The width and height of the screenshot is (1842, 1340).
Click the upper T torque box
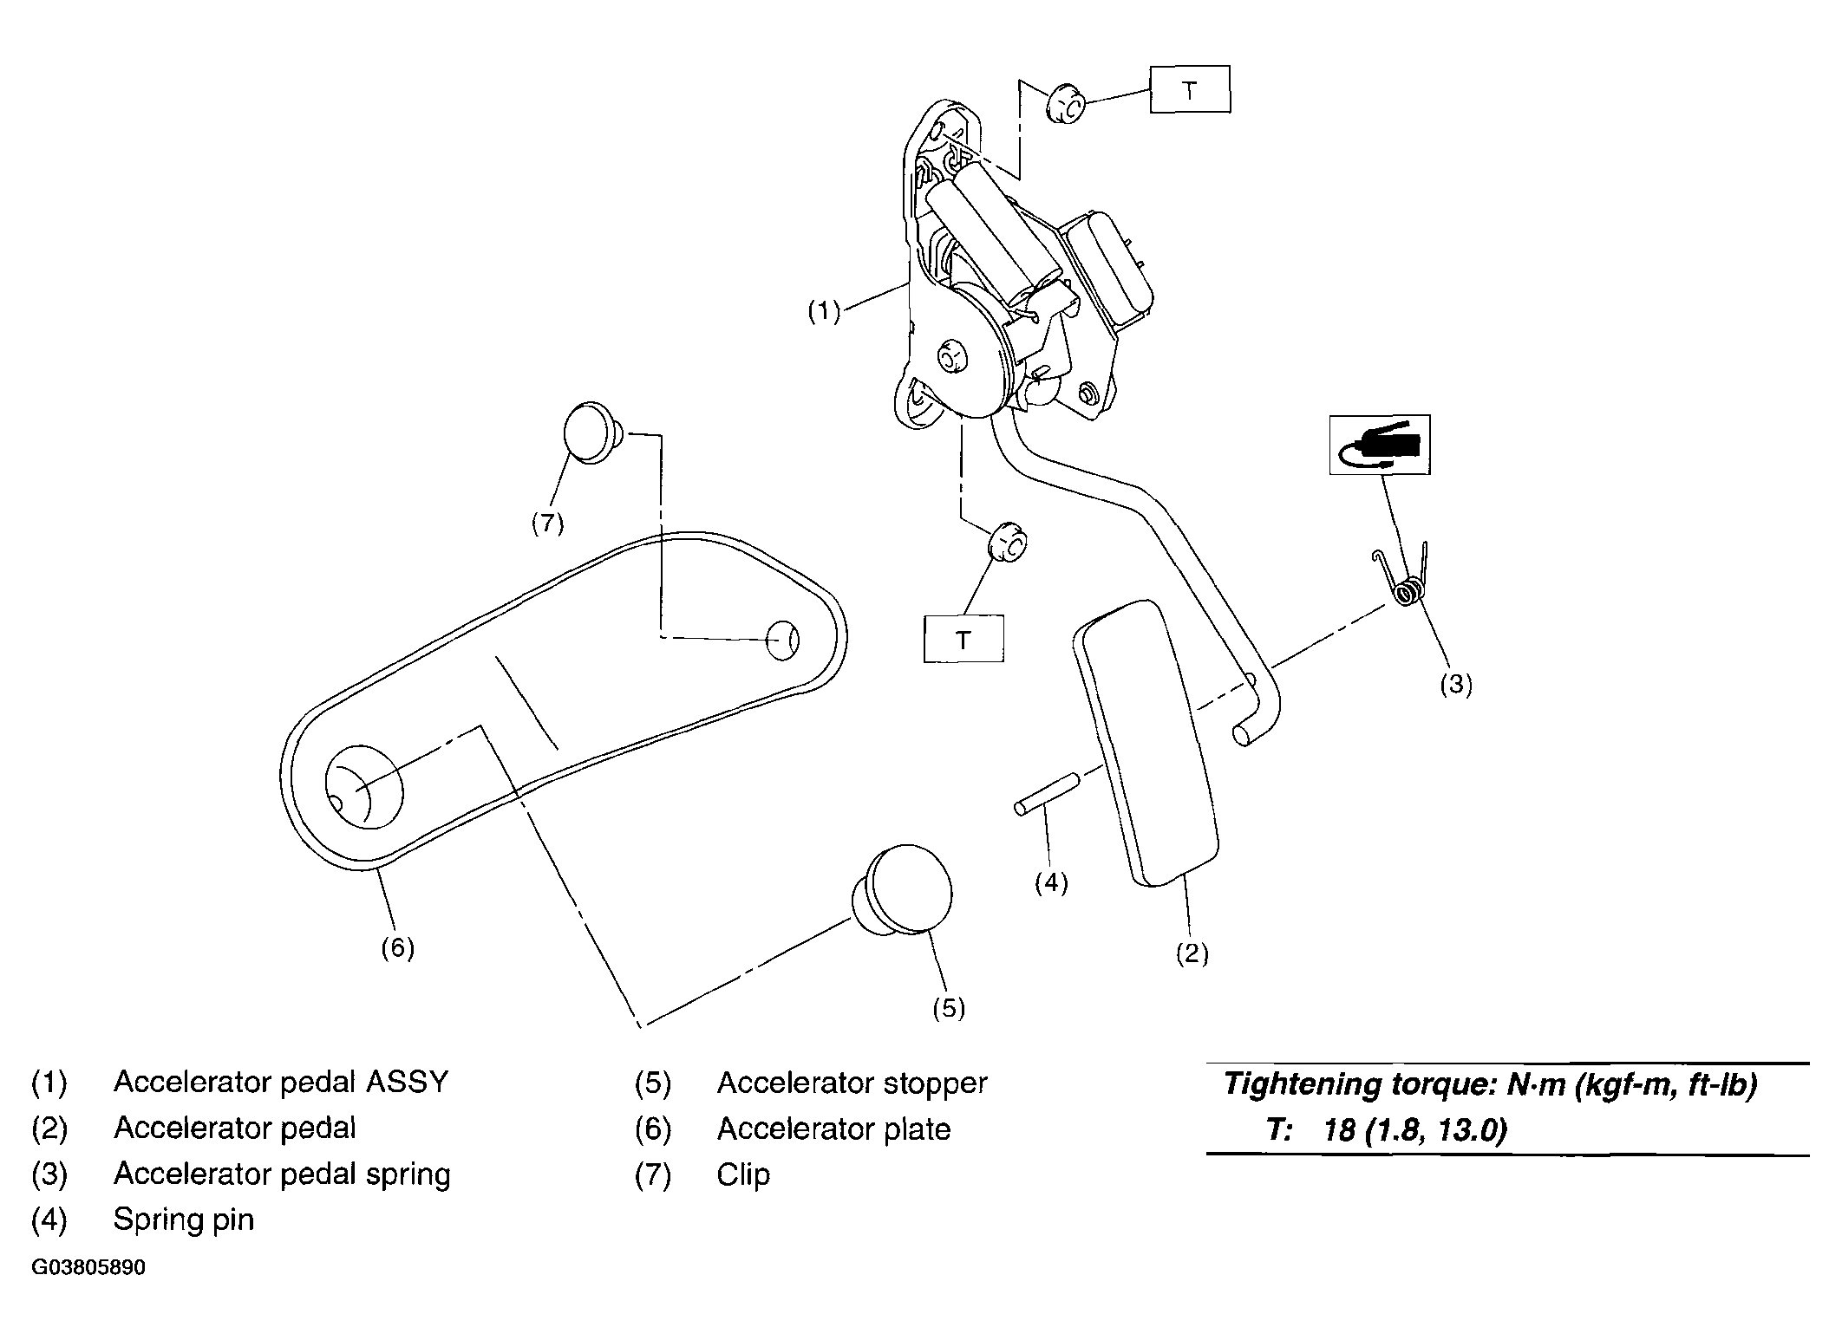point(1190,89)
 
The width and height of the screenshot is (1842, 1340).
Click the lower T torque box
point(963,639)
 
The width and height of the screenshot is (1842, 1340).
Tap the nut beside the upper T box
point(1066,106)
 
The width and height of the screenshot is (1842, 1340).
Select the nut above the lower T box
point(1009,546)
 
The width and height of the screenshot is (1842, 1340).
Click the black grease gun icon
point(1380,446)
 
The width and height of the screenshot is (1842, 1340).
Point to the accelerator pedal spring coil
point(1408,591)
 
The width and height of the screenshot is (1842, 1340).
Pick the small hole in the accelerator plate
point(782,641)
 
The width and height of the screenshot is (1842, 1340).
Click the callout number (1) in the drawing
point(824,311)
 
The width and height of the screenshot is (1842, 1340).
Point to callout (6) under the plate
point(397,948)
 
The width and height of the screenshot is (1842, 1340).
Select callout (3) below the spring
point(1456,684)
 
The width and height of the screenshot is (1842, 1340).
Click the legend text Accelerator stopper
point(852,1083)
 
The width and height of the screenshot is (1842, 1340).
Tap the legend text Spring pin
point(184,1220)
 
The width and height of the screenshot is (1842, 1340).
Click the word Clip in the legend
point(743,1174)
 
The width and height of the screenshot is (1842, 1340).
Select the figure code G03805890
point(88,1268)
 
